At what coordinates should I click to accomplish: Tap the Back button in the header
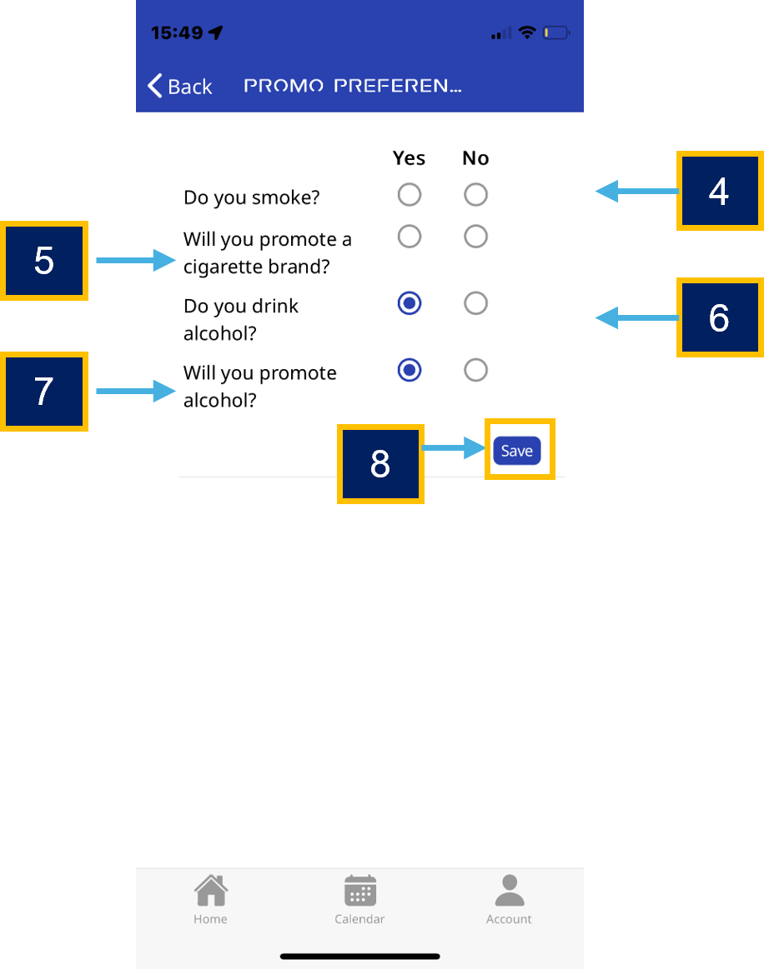pyautogui.click(x=180, y=86)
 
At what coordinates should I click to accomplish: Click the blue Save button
pyautogui.click(x=517, y=451)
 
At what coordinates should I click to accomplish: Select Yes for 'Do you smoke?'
pyautogui.click(x=410, y=195)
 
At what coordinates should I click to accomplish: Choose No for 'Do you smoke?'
pyautogui.click(x=475, y=195)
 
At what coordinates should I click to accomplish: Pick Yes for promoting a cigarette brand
pyautogui.click(x=410, y=236)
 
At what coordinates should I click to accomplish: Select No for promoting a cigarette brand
pyautogui.click(x=475, y=236)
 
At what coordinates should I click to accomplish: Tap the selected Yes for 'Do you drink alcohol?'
pyautogui.click(x=410, y=303)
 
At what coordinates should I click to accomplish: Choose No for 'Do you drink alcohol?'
pyautogui.click(x=475, y=303)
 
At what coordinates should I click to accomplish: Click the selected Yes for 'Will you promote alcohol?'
pyautogui.click(x=410, y=370)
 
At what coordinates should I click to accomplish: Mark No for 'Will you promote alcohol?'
pyautogui.click(x=475, y=370)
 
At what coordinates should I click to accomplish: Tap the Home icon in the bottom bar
pyautogui.click(x=211, y=891)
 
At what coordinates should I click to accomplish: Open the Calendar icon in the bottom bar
pyautogui.click(x=360, y=891)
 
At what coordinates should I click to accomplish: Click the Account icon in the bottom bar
pyautogui.click(x=510, y=890)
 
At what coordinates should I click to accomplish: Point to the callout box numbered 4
pyautogui.click(x=720, y=191)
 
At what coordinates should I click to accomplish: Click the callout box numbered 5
pyautogui.click(x=44, y=261)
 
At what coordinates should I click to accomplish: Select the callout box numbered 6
pyautogui.click(x=720, y=317)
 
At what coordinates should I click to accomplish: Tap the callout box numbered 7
pyautogui.click(x=44, y=392)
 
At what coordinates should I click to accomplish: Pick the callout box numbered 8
pyautogui.click(x=380, y=464)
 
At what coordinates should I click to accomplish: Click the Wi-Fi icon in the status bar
pyautogui.click(x=527, y=32)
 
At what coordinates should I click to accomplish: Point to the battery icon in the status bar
pyautogui.click(x=556, y=32)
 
